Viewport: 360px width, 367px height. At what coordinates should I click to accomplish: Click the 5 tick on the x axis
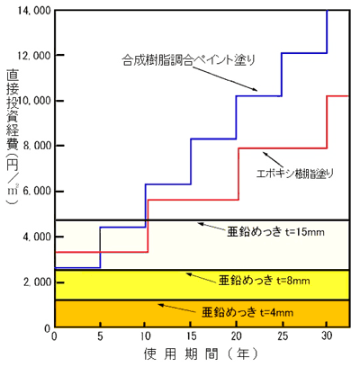[100, 336]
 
